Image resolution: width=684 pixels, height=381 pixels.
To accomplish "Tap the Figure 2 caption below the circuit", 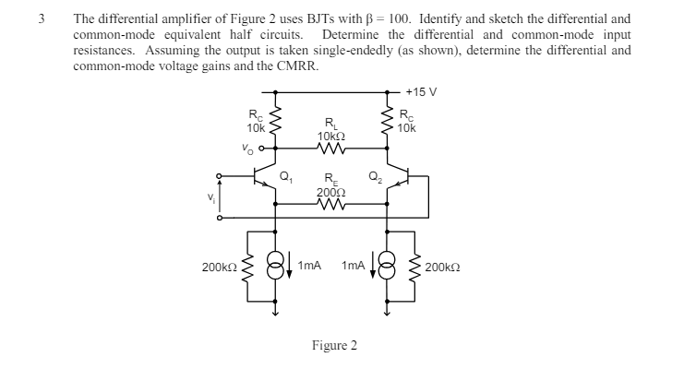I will [x=334, y=346].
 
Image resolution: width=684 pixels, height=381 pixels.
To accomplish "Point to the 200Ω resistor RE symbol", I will [x=330, y=207].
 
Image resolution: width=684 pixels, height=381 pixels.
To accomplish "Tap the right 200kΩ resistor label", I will [x=446, y=267].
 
